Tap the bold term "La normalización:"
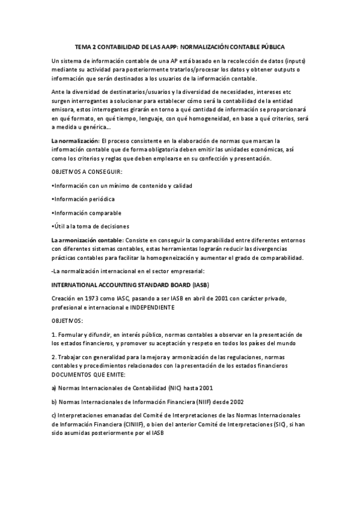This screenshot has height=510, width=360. pyautogui.click(x=75, y=141)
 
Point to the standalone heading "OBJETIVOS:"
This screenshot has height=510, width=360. pyautogui.click(x=68, y=321)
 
